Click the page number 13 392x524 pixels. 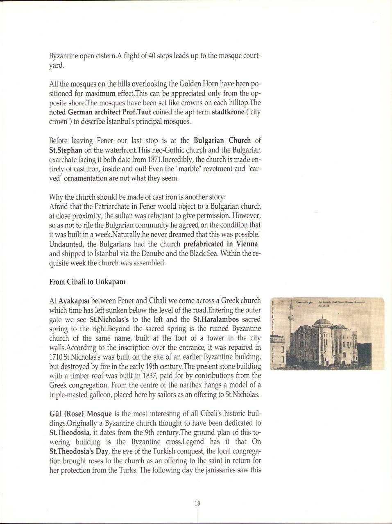pos(197,503)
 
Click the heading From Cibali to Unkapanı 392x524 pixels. pos(82,282)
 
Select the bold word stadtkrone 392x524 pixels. pos(228,112)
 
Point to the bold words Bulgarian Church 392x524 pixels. pos(222,141)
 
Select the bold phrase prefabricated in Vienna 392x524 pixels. pos(220,244)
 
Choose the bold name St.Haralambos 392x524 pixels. pos(216,319)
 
